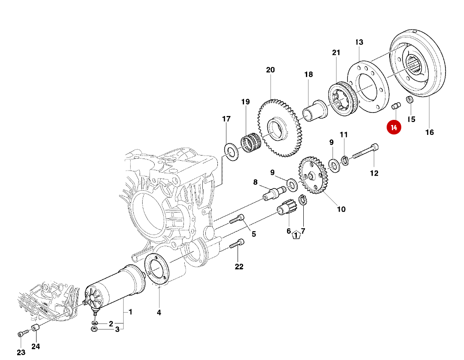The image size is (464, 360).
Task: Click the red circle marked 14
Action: point(394,127)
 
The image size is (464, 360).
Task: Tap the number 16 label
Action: point(429,132)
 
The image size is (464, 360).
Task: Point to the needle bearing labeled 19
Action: point(251,143)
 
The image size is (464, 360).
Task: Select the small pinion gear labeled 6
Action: point(285,210)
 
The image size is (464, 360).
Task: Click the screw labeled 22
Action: point(237,245)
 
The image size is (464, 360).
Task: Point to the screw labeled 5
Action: point(237,219)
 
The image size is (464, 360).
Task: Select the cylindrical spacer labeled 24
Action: point(36,330)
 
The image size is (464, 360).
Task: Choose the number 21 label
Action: point(336,53)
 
